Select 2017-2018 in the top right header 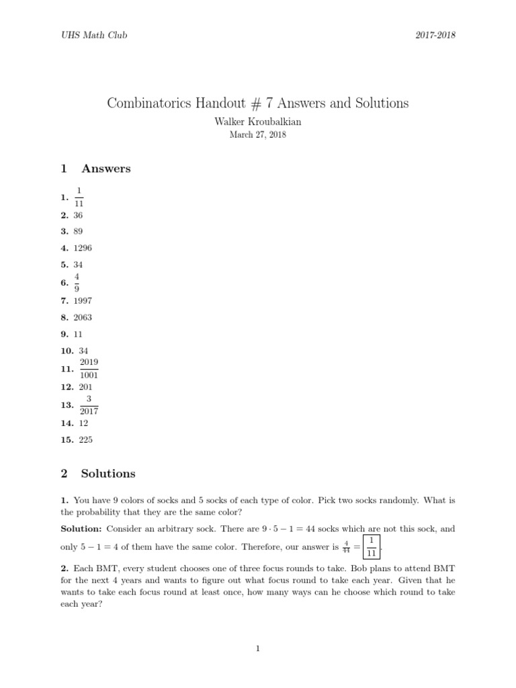coord(435,35)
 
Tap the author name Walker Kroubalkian coord(257,122)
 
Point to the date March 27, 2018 coord(257,134)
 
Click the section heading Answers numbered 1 coord(105,169)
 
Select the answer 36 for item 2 coord(79,215)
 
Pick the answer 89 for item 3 coord(79,231)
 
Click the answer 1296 coord(83,248)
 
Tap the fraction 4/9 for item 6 coord(77,282)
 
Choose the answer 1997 coord(83,300)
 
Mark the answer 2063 coord(83,317)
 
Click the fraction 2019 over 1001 coord(89,369)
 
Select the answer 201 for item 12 coord(85,387)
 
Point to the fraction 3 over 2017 coord(89,405)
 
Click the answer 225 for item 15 coord(85,440)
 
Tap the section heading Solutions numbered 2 coord(107,474)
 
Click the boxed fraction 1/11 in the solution coord(372,546)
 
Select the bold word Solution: coord(81,528)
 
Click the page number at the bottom coord(257,648)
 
